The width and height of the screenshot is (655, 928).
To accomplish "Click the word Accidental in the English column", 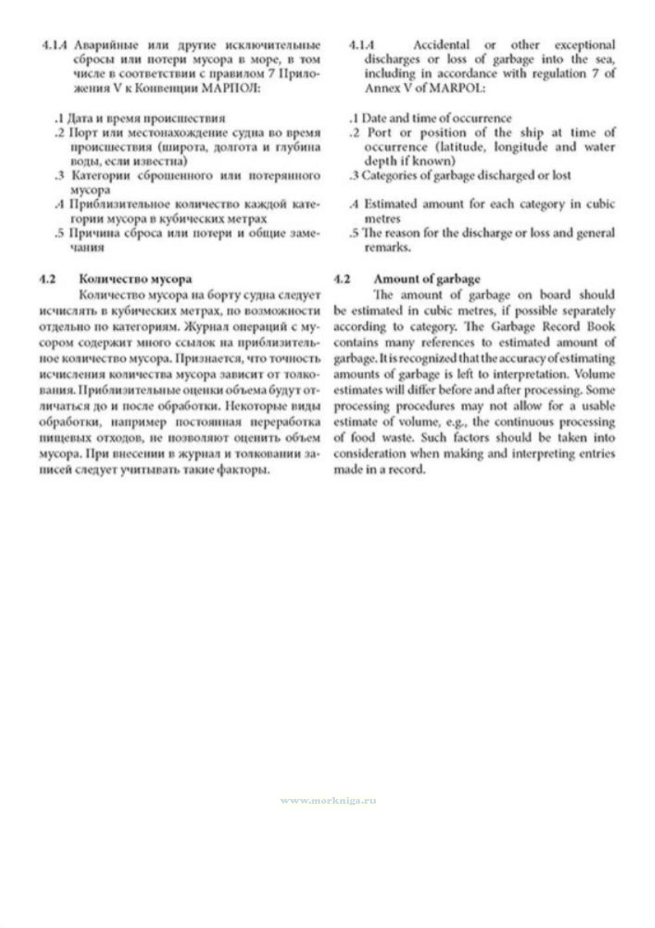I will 441,45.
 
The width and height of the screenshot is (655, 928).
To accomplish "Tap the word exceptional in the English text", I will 585,45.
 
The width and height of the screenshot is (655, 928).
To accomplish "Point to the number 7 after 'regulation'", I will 595,74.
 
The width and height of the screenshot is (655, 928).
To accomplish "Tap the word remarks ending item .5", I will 387,247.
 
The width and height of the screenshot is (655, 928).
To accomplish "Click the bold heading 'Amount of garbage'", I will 427,279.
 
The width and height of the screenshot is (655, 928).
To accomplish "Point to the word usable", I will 595,406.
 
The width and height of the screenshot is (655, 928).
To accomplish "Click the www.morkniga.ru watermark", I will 328,801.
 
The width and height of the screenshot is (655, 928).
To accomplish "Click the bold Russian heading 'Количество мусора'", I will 135,279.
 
